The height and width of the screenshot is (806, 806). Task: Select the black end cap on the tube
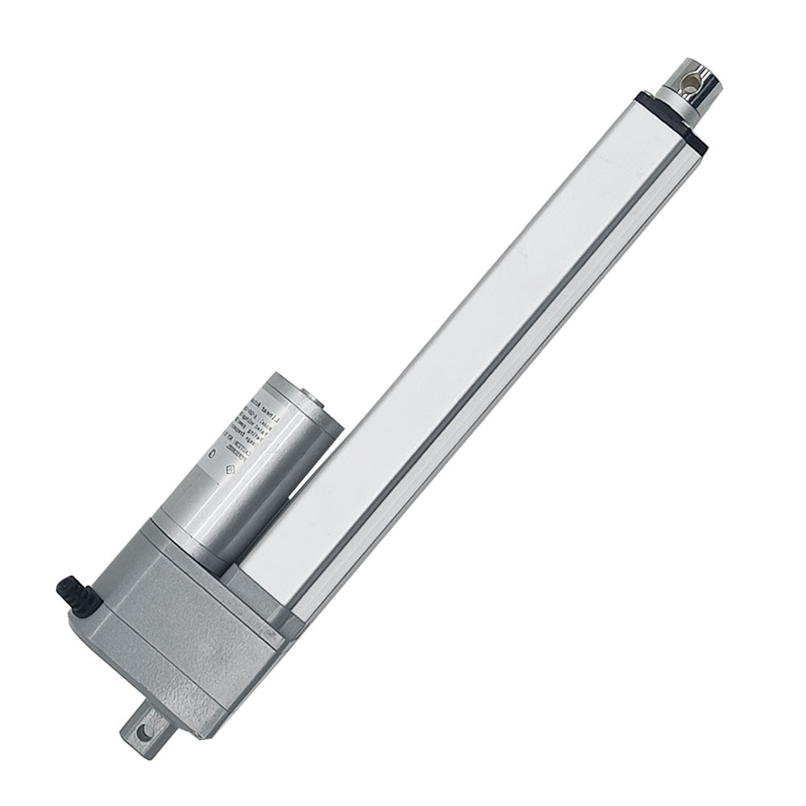click(671, 122)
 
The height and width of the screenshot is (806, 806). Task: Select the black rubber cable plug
click(75, 596)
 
